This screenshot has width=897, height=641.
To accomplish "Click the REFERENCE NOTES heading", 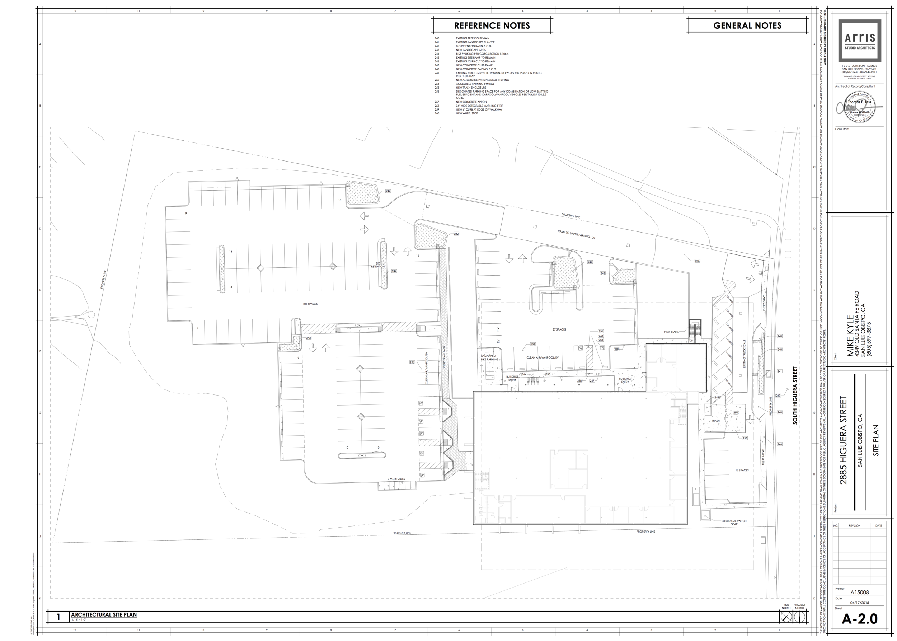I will (492, 25).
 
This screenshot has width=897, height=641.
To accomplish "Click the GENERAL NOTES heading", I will (747, 25).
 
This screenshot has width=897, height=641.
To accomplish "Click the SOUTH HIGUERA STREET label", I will (795, 396).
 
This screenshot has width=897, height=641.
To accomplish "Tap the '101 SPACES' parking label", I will (310, 304).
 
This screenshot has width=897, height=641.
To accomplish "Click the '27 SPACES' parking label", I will (559, 329).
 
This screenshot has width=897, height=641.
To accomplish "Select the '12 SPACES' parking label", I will (742, 471).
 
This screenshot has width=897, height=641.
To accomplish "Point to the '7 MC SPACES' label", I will (396, 479).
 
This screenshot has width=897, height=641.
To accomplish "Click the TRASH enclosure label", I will (715, 421).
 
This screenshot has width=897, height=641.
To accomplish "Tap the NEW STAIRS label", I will (671, 332).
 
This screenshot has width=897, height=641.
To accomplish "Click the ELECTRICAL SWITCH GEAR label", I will (734, 523).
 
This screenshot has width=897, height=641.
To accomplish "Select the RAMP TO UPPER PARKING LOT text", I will (576, 234).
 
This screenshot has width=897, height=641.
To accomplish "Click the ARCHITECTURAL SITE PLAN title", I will (104, 614).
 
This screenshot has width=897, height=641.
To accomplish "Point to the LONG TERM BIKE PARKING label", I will (489, 358).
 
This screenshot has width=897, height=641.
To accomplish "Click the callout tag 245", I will (697, 261).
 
